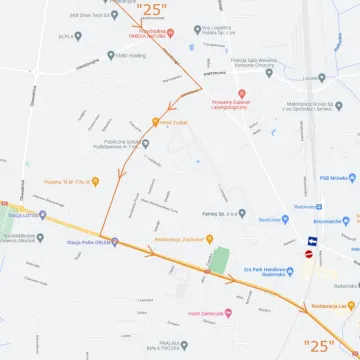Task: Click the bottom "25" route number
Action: [319, 345]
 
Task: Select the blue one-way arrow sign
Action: [312, 241]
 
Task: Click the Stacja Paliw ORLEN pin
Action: [114, 241]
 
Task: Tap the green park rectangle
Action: [218, 260]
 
